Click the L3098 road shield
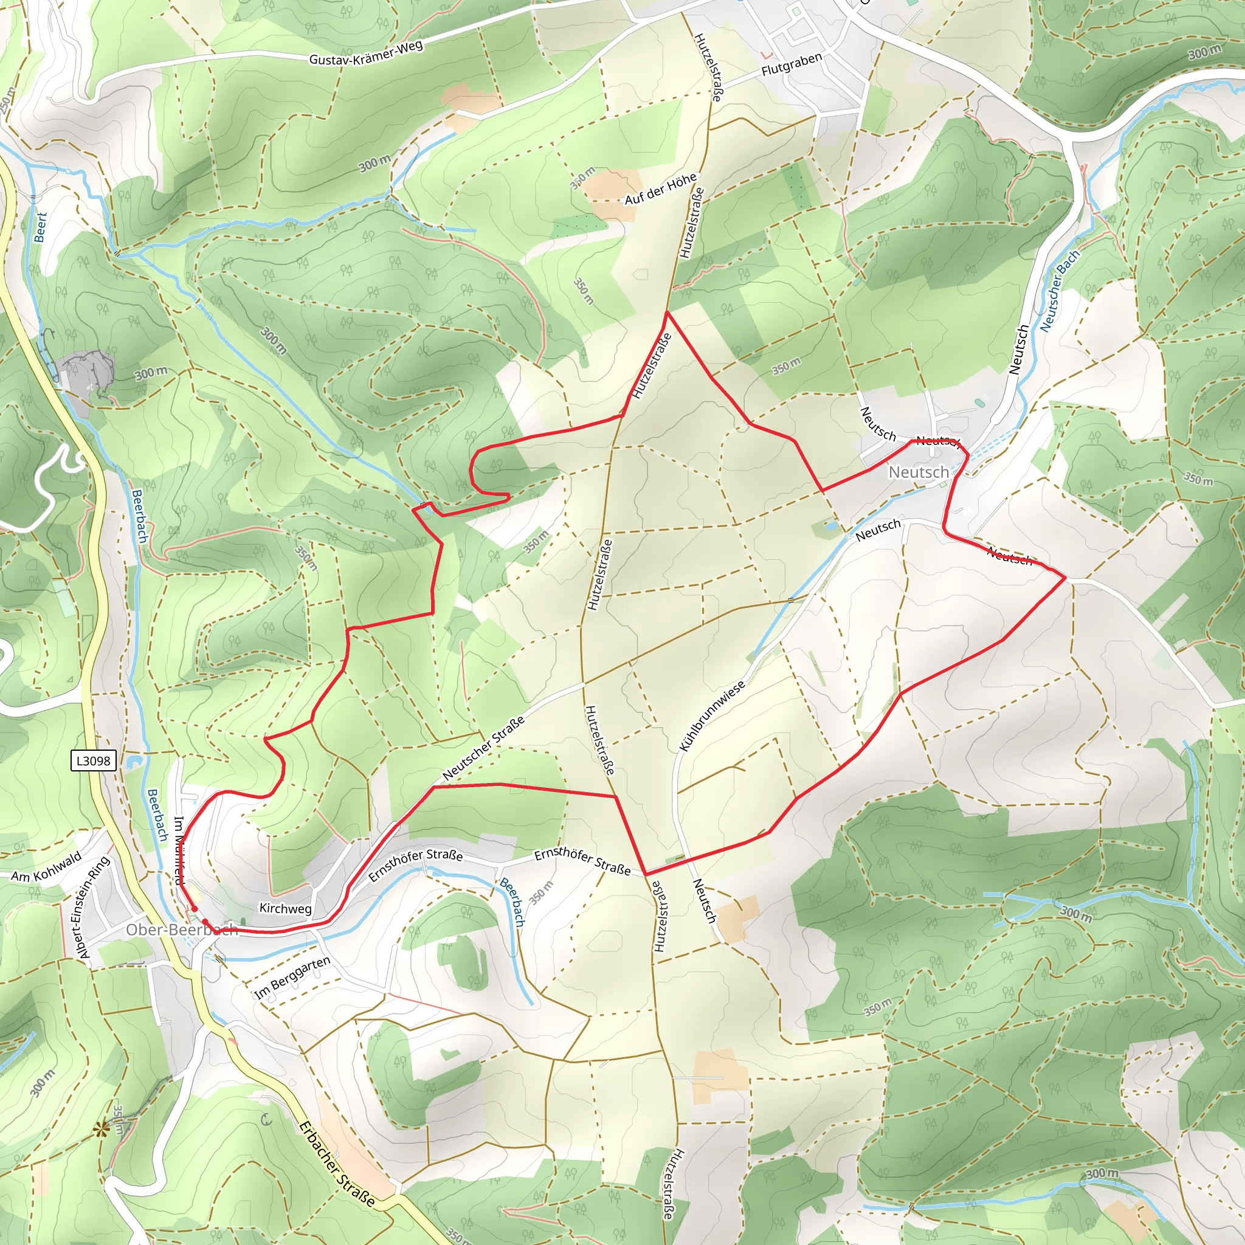click(94, 761)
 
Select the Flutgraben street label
click(791, 65)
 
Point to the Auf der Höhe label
click(661, 188)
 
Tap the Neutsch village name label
click(919, 472)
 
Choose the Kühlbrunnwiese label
click(712, 716)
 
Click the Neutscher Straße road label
click(483, 748)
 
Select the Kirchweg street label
click(286, 909)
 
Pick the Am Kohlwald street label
click(46, 866)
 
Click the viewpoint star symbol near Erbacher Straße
click(101, 1128)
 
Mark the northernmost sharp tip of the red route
click(667, 312)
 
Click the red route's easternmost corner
click(1065, 578)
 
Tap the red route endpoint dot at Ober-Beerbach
click(194, 909)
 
